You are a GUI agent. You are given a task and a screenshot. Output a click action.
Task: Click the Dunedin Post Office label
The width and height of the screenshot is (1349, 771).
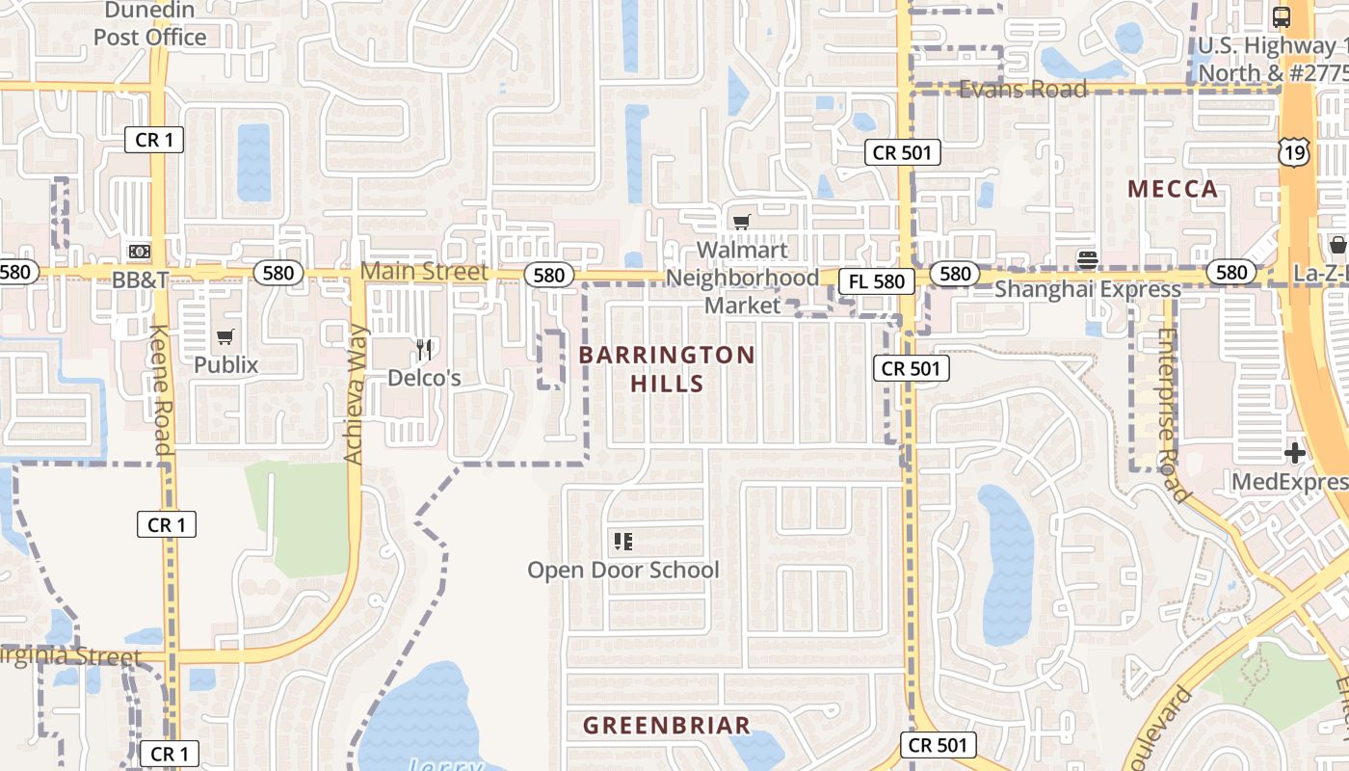tap(149, 24)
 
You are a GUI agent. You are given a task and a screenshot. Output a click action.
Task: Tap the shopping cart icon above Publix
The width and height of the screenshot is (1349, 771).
tap(225, 336)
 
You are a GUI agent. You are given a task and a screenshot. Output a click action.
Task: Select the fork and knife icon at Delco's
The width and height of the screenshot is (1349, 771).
tap(425, 349)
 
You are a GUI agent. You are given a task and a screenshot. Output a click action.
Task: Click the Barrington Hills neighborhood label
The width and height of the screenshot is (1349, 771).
tap(667, 369)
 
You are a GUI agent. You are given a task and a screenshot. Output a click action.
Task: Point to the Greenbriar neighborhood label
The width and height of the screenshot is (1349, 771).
tap(667, 726)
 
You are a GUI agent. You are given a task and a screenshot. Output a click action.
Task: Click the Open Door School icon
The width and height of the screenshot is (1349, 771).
tap(622, 542)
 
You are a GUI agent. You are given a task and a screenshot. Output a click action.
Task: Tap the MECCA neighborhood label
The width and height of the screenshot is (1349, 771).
tap(1173, 189)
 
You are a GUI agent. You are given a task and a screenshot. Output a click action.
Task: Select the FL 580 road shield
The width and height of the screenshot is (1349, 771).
tap(876, 281)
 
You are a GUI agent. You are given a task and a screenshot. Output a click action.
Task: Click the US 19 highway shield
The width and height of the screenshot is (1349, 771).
tap(1294, 150)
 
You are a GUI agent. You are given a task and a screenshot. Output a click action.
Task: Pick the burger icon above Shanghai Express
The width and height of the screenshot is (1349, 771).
tap(1088, 258)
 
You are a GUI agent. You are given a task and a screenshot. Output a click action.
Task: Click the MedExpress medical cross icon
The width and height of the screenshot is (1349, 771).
tap(1294, 453)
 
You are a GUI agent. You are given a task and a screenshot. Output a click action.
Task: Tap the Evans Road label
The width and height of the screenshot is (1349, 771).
tap(1023, 89)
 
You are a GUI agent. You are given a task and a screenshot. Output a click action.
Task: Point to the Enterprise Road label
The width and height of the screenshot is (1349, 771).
tap(1169, 414)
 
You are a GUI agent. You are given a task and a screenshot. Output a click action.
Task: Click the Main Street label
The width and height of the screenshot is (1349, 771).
tap(424, 272)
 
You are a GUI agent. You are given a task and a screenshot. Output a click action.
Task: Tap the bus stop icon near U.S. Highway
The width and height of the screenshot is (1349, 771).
tap(1281, 16)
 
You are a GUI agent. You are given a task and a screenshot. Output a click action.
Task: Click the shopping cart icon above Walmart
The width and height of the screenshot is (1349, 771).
tap(741, 223)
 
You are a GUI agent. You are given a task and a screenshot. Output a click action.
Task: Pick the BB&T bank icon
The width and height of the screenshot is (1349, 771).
tap(140, 252)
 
